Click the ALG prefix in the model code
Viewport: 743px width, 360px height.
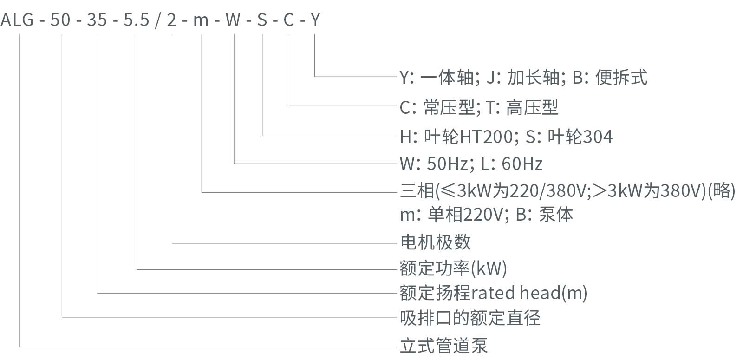point(17,20)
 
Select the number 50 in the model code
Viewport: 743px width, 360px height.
point(60,20)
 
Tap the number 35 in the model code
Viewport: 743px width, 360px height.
point(97,20)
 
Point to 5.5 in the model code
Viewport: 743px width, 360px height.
point(137,20)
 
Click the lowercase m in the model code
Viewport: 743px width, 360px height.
point(201,20)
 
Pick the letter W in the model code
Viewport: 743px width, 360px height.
point(233,20)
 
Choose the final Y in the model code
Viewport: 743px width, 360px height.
point(315,20)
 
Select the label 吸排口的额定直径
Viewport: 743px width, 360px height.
point(470,318)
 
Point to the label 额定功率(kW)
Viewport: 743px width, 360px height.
point(453,268)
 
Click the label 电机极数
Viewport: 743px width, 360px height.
point(435,242)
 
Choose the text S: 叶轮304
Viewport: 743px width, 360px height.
point(569,137)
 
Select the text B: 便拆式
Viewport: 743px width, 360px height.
point(609,78)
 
